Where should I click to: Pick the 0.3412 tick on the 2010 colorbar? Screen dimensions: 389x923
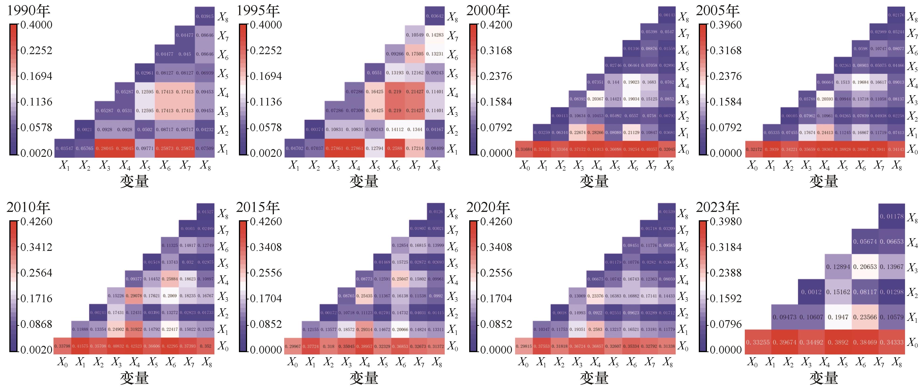(36, 247)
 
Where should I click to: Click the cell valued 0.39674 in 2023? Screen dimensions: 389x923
(785, 342)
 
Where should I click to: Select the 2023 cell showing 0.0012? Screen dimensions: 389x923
(811, 292)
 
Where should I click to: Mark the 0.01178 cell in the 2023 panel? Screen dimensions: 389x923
(892, 216)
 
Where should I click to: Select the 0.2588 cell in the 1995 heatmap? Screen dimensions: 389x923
(395, 148)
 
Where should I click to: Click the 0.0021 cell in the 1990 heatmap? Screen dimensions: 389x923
(84, 130)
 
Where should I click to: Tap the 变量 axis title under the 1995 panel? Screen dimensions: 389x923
(364, 181)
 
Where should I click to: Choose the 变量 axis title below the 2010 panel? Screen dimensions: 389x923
(134, 378)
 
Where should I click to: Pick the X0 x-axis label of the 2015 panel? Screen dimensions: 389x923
(293, 363)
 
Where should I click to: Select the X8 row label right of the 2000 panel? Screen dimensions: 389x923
(684, 17)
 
